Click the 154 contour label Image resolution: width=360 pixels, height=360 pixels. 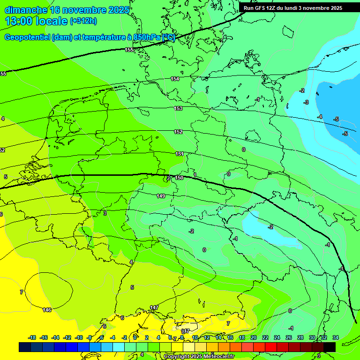pos(175,79)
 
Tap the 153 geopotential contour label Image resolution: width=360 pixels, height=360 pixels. pos(178,108)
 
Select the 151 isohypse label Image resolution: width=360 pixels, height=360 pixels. pos(180,154)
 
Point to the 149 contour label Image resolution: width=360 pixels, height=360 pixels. pos(161,196)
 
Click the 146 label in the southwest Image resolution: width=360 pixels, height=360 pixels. pos(47,310)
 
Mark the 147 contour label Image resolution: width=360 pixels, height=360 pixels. pos(154,307)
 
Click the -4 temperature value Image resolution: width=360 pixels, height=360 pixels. pos(320,117)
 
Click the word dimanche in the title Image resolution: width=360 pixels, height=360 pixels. pos(26,10)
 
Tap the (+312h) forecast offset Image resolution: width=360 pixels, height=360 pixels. pos(84,21)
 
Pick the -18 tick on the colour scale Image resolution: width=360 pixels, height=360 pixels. pos(32,337)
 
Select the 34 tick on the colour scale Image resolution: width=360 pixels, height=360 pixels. pos(335,337)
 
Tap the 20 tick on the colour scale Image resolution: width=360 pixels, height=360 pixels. pos(254,337)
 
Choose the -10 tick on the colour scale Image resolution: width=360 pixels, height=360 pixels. pos(79,337)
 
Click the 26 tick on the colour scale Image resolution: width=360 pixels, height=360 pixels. pos(289,337)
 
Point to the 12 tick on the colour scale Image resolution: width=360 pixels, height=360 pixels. pos(207,337)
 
